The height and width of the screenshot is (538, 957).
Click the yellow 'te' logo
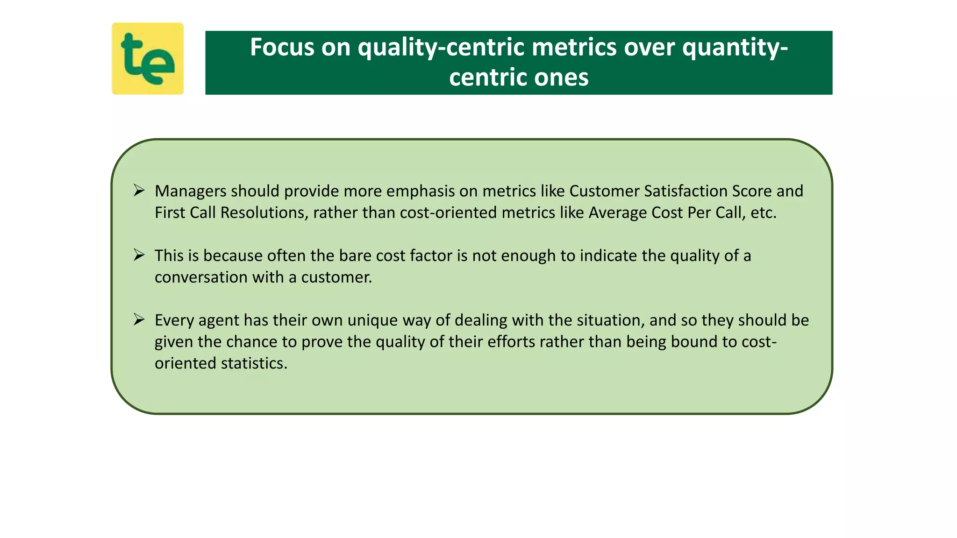click(147, 58)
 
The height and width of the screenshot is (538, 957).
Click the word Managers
click(190, 191)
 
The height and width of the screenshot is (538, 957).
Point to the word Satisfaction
click(685, 191)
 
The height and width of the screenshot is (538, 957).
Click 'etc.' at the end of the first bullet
click(764, 212)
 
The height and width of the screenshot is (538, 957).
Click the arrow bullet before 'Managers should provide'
click(139, 191)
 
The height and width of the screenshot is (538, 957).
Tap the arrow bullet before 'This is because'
click(139, 255)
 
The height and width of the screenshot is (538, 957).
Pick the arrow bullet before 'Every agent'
click(139, 319)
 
